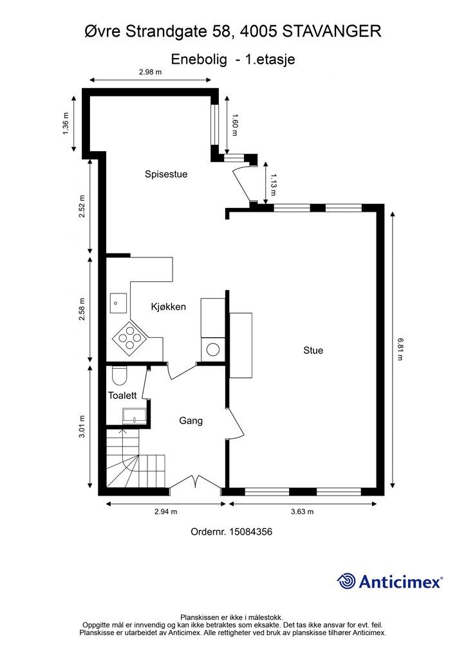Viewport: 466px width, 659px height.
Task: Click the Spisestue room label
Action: tap(166, 174)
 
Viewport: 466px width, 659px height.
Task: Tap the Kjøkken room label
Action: tap(169, 307)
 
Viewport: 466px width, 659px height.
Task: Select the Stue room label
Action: tap(313, 351)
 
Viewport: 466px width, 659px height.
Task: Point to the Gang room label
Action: tap(191, 421)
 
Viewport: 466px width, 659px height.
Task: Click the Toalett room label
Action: tap(122, 396)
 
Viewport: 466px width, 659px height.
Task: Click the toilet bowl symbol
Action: tap(120, 375)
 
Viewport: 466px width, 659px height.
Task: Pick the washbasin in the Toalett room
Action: tap(134, 416)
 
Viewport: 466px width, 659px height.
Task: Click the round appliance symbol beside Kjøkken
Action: tap(212, 349)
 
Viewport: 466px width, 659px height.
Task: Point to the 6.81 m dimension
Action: tap(400, 349)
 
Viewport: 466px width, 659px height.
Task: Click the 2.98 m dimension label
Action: tap(151, 72)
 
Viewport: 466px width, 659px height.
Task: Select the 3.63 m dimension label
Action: tap(302, 512)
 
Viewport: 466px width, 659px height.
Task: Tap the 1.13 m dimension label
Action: tap(273, 185)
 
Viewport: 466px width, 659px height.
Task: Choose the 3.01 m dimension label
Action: tap(82, 427)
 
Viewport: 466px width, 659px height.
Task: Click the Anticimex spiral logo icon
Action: tap(346, 582)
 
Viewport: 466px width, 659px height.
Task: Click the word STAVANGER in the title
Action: tap(332, 32)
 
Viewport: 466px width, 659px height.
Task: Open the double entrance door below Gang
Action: tap(196, 482)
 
